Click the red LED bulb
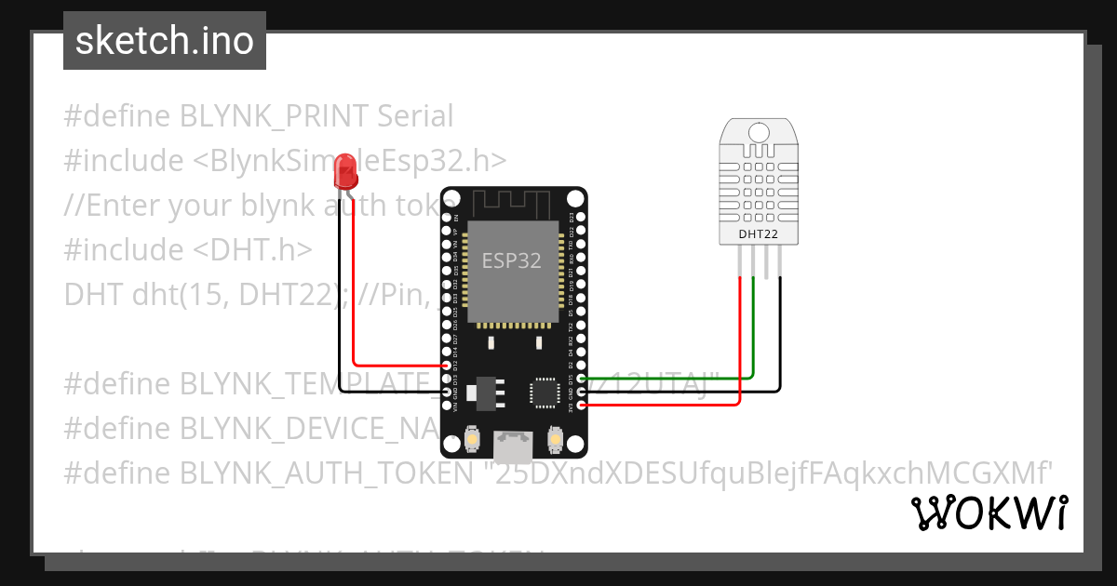click(346, 171)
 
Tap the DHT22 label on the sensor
click(758, 233)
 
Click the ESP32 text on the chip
click(511, 260)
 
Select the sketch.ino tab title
click(165, 41)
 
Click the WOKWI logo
click(989, 513)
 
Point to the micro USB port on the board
click(513, 448)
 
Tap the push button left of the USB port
click(472, 437)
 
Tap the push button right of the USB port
click(555, 437)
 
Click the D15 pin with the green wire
click(582, 379)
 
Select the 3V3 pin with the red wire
click(582, 405)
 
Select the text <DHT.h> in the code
click(253, 249)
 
